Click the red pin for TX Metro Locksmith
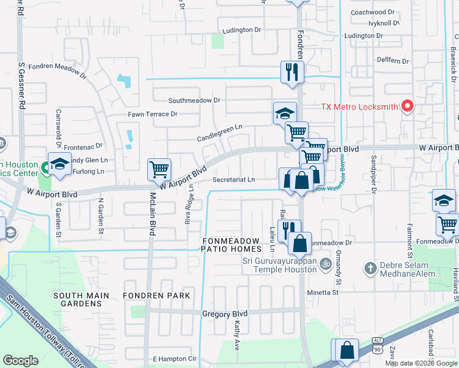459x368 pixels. pyautogui.click(x=407, y=106)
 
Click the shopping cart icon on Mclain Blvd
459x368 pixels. pyautogui.click(x=160, y=168)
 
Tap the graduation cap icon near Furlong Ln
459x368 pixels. pyautogui.click(x=60, y=164)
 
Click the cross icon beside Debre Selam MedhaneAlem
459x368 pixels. pyautogui.click(x=369, y=268)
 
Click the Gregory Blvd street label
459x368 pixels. pyautogui.click(x=225, y=313)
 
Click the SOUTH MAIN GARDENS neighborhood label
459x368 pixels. pyautogui.click(x=81, y=296)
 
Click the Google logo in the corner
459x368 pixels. pyautogui.click(x=21, y=360)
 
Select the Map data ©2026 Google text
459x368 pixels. pyautogui.click(x=421, y=363)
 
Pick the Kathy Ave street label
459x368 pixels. pyautogui.click(x=236, y=339)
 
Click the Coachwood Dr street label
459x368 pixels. pyautogui.click(x=372, y=12)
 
